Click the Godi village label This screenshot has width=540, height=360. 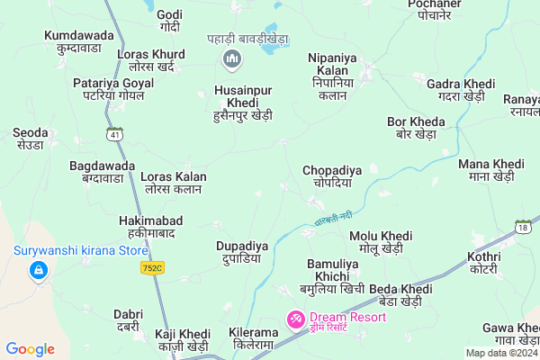point(169,21)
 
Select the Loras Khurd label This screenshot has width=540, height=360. point(157,60)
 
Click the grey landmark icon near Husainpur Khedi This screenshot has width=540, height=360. point(232,59)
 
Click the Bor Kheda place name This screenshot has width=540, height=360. point(416,127)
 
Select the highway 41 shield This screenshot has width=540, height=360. point(114,134)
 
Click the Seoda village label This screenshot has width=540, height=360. point(30,139)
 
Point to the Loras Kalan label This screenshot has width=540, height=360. point(175,183)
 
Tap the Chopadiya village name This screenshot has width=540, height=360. point(332,175)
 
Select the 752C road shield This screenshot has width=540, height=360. point(153,267)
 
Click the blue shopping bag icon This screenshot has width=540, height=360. point(38,270)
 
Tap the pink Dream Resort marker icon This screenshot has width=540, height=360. point(294,319)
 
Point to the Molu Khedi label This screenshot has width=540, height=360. point(381,241)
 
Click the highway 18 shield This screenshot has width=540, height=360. point(522,226)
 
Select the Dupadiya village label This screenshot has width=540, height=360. point(242,251)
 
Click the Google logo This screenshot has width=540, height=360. point(31,349)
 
